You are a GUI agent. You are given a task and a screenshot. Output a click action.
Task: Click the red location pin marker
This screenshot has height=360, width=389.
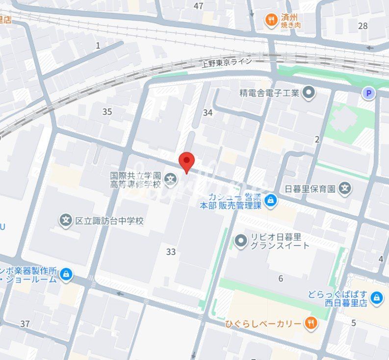(x=186, y=160)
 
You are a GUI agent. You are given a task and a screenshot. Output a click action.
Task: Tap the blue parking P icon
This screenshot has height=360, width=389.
(x=368, y=93)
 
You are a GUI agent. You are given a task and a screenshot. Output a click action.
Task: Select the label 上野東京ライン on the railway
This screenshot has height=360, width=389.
(x=227, y=62)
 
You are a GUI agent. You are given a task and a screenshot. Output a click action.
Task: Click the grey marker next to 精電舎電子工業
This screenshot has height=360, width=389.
(x=309, y=92)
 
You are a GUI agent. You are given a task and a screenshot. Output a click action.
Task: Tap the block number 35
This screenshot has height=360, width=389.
(x=107, y=112)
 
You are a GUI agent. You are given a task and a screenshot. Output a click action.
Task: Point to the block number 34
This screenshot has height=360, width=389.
(x=208, y=112)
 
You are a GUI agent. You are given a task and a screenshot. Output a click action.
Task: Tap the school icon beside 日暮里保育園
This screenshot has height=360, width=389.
(x=345, y=188)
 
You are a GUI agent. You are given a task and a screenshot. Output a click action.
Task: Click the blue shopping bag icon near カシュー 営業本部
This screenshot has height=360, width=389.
(x=270, y=200)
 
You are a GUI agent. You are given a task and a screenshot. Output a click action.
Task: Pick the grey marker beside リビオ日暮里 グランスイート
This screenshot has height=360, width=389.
(x=240, y=240)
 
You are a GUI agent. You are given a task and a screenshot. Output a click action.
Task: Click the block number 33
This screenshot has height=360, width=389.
(x=171, y=252)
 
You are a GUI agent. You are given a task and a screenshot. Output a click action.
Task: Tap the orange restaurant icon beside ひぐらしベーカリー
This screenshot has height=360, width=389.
(x=311, y=323)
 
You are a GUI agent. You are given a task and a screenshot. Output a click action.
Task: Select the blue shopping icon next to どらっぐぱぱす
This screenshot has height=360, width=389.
(x=376, y=297)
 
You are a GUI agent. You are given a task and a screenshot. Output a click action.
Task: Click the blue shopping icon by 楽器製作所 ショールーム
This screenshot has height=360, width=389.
(x=66, y=275)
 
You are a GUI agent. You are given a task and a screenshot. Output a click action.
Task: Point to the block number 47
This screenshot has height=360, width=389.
(x=198, y=6)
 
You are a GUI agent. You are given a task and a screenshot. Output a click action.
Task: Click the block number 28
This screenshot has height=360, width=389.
(x=363, y=26)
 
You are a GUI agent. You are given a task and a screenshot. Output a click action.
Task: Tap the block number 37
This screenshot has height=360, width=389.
(x=25, y=324)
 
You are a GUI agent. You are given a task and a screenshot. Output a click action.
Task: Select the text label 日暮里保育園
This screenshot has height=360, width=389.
(x=310, y=188)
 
